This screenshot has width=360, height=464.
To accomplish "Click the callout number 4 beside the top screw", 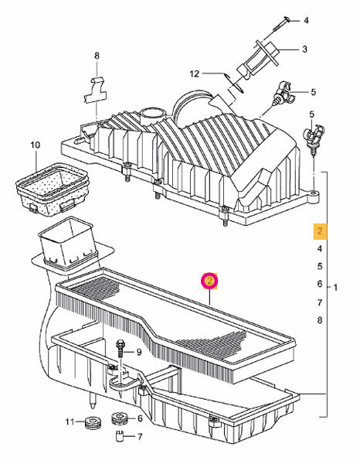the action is [x=306, y=20].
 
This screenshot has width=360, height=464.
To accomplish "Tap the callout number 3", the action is [x=304, y=49].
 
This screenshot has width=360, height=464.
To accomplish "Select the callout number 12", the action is [x=194, y=73].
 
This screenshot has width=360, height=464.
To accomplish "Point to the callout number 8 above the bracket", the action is [x=97, y=56].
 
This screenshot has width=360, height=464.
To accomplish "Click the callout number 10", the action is [x=35, y=145].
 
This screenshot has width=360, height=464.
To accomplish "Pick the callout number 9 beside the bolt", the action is [x=138, y=352].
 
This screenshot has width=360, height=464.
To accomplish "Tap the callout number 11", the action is [x=70, y=421].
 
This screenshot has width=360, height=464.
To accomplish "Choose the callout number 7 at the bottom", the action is [x=140, y=437].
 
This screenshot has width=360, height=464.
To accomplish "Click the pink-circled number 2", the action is [x=209, y=281].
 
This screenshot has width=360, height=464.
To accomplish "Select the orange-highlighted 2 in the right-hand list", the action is [x=320, y=230].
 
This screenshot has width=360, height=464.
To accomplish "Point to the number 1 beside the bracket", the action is [x=335, y=288].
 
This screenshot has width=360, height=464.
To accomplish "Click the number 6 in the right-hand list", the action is [x=320, y=284].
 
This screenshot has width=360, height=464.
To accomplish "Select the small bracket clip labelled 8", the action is [x=95, y=90].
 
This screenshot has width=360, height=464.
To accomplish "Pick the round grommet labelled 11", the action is [x=93, y=422].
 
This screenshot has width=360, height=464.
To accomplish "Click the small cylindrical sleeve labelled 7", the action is [x=119, y=436].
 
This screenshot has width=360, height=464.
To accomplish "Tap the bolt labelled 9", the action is [x=121, y=350].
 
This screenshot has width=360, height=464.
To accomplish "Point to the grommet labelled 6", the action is [x=120, y=418].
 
